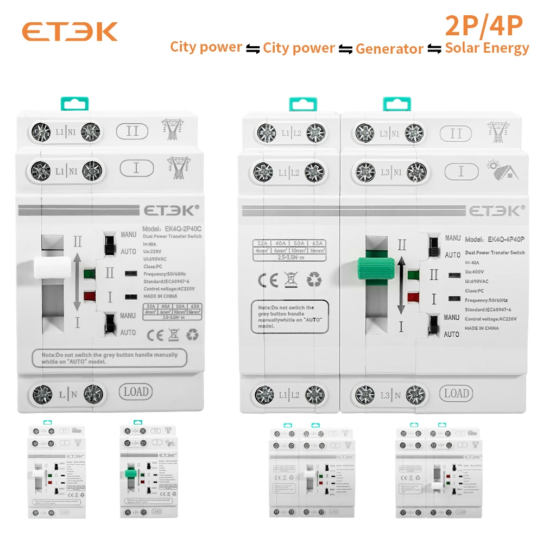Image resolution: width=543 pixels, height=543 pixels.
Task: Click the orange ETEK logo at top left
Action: pyautogui.click(x=70, y=31)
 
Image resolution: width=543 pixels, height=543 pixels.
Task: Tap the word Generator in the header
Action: pyautogui.click(x=389, y=49)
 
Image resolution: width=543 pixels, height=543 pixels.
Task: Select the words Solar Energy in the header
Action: pyautogui.click(x=487, y=48)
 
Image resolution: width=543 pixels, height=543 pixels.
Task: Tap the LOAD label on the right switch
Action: pyautogui.click(x=456, y=394)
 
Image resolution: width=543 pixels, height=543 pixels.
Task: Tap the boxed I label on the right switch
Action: pyautogui.click(x=461, y=172)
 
